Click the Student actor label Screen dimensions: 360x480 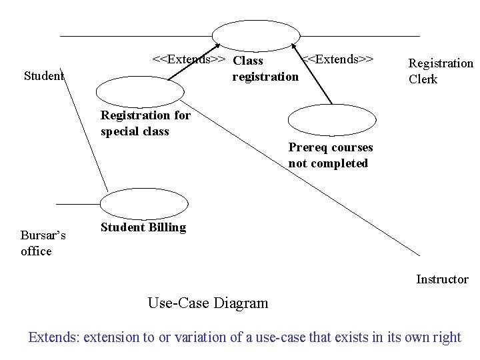(44, 75)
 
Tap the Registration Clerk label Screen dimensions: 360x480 (441, 71)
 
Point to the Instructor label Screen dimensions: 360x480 (442, 279)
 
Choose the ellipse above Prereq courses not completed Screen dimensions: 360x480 (331, 120)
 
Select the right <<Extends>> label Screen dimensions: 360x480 (337, 59)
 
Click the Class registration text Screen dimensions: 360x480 (265, 69)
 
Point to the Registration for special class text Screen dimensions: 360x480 (145, 123)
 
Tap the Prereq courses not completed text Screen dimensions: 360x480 (331, 155)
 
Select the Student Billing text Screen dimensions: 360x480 (143, 227)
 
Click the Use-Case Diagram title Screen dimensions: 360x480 (208, 303)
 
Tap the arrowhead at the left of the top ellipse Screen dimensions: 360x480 (217, 46)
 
